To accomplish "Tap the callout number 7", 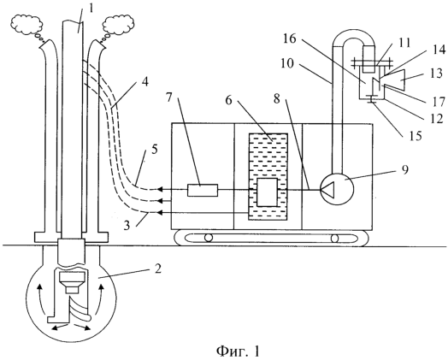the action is (x=170, y=98).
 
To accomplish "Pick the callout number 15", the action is (x=416, y=136).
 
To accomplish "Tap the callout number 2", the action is (x=158, y=269).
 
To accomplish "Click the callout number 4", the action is (x=145, y=82).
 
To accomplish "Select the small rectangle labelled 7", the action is (x=203, y=191).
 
